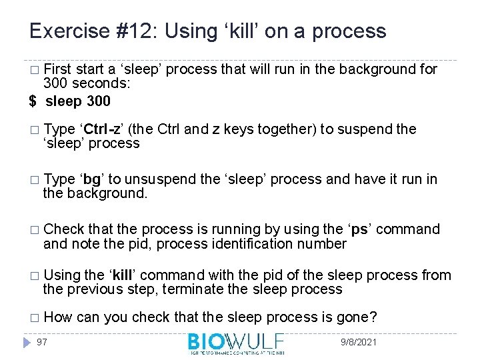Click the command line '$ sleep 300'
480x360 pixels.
click(x=71, y=101)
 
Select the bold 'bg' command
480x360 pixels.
click(x=92, y=179)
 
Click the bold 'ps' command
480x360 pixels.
click(x=359, y=229)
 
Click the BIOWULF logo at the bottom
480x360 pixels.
click(x=237, y=343)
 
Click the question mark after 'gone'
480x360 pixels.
click(x=373, y=317)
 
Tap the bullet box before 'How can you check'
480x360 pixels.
click(x=34, y=318)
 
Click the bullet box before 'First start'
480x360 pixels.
click(x=34, y=70)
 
